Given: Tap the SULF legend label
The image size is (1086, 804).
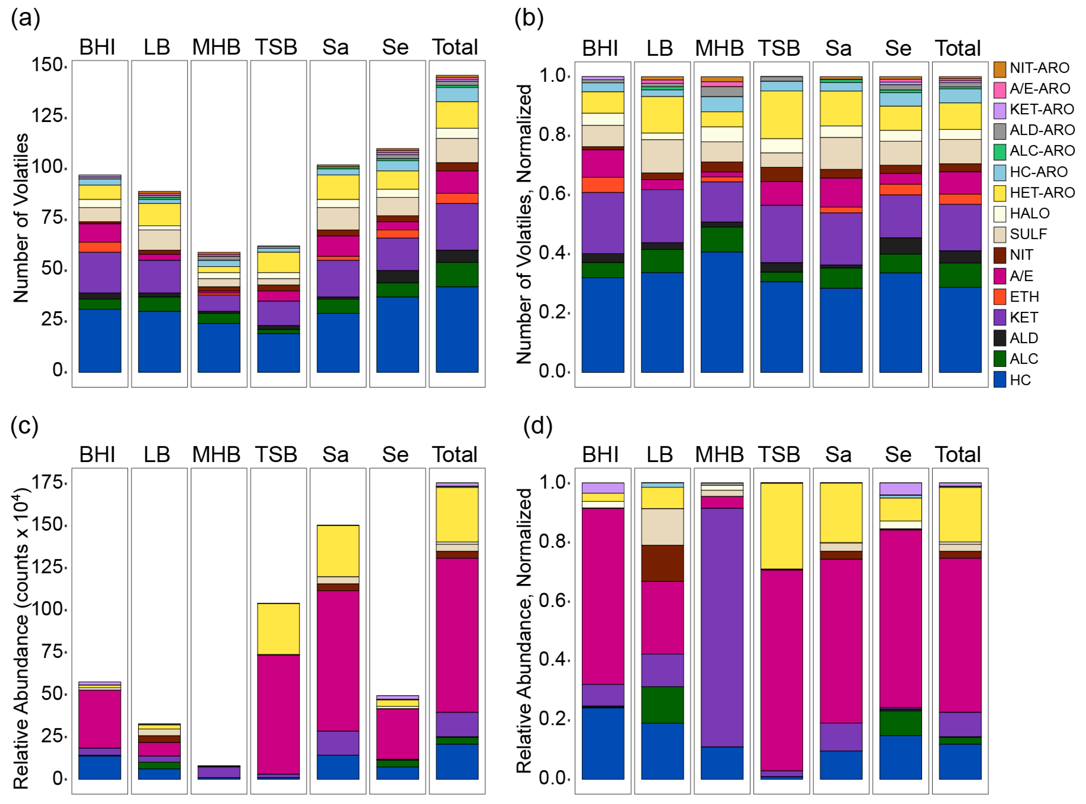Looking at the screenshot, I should click(1028, 234).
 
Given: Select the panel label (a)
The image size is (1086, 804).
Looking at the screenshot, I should click(25, 19).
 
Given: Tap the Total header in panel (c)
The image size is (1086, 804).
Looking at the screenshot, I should click(455, 454).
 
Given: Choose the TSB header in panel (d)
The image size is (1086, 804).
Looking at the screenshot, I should click(779, 454).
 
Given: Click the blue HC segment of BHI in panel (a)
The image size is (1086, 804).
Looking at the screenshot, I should click(100, 341).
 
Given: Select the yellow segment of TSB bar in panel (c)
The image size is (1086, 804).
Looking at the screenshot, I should click(278, 629).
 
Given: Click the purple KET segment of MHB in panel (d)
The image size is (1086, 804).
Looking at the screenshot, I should click(722, 628).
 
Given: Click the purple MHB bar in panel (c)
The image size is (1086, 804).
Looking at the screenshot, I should click(219, 772).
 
